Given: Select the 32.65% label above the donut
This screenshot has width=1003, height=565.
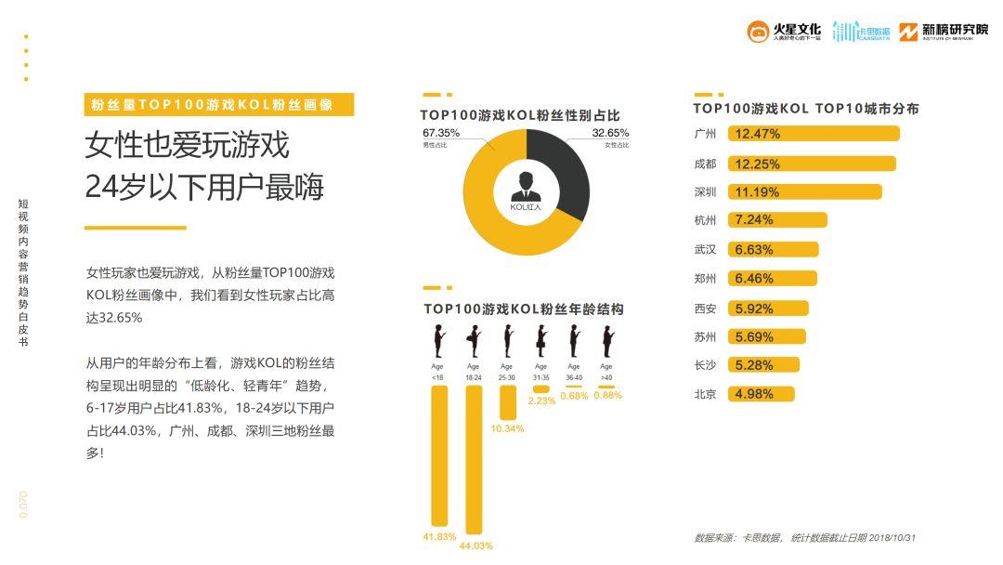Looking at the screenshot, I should (610, 133).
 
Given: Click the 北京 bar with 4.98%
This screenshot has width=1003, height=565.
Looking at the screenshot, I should (762, 394).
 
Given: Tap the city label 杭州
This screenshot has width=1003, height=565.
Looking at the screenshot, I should (705, 221).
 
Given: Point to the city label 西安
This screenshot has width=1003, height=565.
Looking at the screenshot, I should (705, 309).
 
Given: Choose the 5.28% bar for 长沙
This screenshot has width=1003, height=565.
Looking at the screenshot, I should (764, 365).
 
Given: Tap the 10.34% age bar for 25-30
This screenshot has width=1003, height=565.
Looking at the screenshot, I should (508, 402).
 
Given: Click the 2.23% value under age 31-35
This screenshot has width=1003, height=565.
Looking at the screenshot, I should (541, 401).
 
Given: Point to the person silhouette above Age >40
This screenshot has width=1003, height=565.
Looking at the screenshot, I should (607, 342).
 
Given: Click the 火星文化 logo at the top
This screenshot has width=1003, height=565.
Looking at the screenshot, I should (785, 32).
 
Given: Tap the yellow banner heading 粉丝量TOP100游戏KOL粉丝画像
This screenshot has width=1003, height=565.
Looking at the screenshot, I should (218, 105).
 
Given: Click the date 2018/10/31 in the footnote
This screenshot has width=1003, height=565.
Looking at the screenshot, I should (892, 538).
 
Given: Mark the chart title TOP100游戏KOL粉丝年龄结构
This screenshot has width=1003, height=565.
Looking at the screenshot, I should (523, 309).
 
